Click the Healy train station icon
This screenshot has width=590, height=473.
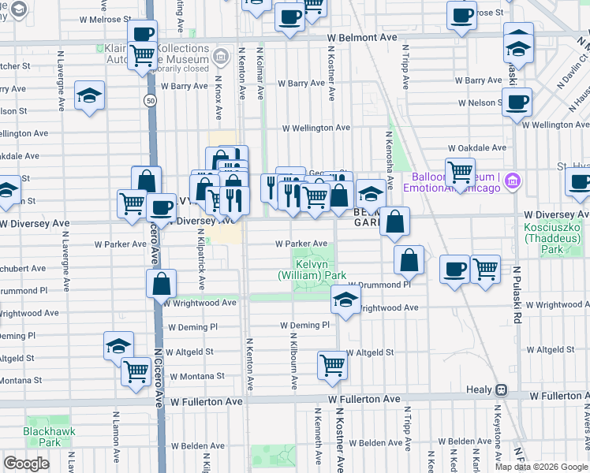(499, 389)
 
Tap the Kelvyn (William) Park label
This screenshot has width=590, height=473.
(312, 269)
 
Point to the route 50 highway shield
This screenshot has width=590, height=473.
(149, 101)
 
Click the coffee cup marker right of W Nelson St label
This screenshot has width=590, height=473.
(517, 102)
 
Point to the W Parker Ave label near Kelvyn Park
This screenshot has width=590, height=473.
(301, 244)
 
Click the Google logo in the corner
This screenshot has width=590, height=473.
(26, 464)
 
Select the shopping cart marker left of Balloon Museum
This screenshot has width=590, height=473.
(460, 170)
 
